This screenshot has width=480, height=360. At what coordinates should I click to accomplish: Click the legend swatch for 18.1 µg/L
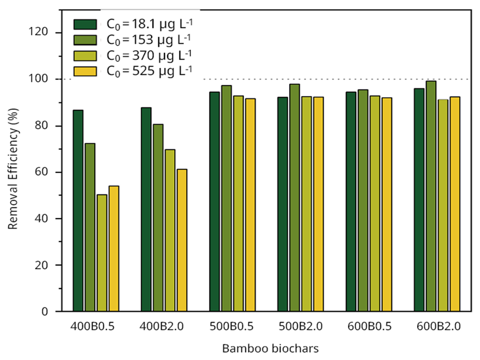pos(85,25)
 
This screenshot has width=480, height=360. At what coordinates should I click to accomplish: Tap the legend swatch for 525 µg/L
pos(85,71)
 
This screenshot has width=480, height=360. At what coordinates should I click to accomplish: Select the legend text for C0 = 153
pos(149,40)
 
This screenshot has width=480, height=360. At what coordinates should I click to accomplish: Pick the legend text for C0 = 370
pos(149,55)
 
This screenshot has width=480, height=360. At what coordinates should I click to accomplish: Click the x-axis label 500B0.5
pos(232,326)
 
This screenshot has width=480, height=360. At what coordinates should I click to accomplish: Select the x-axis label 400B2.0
pos(163,326)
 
